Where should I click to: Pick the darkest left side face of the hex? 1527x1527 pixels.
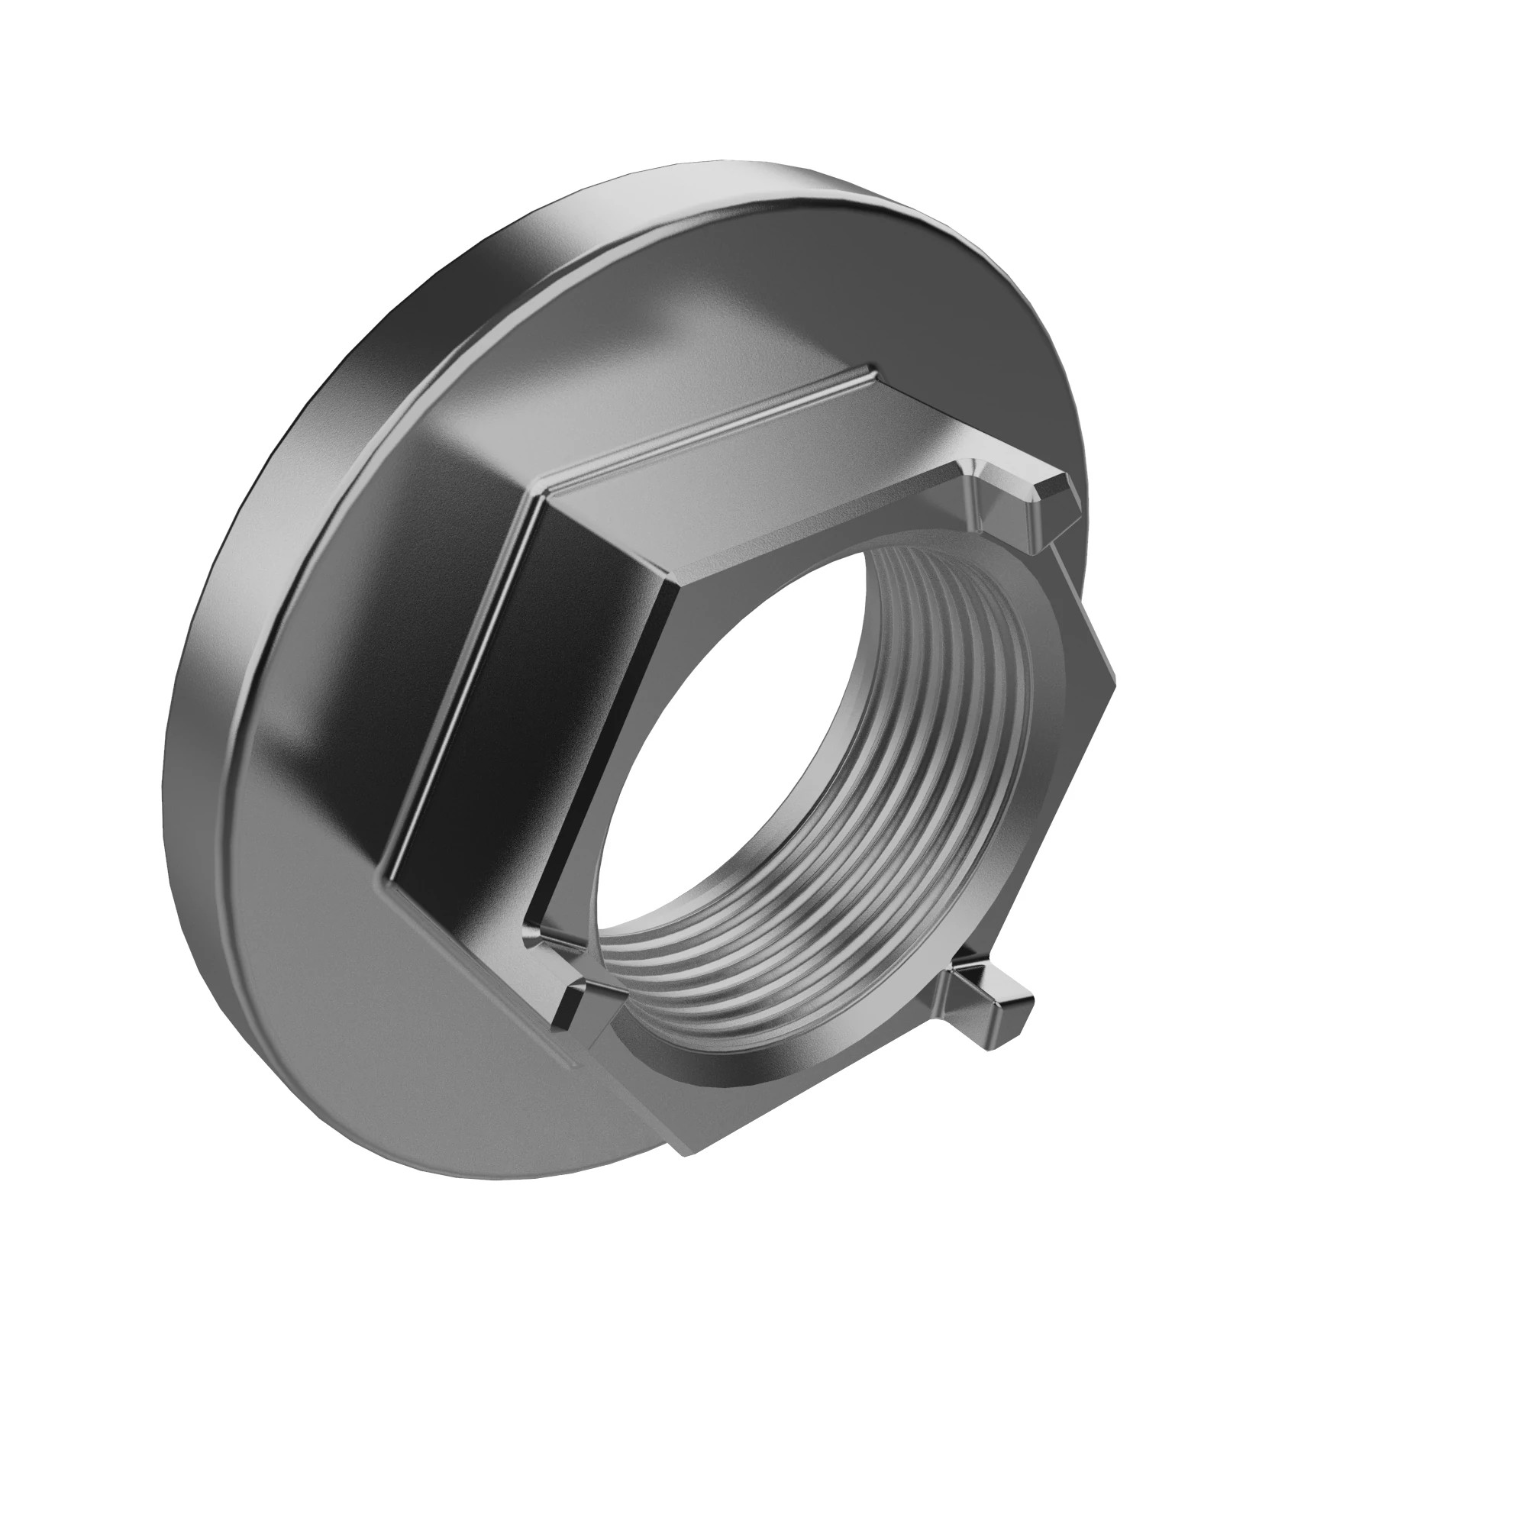coord(514,712)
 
